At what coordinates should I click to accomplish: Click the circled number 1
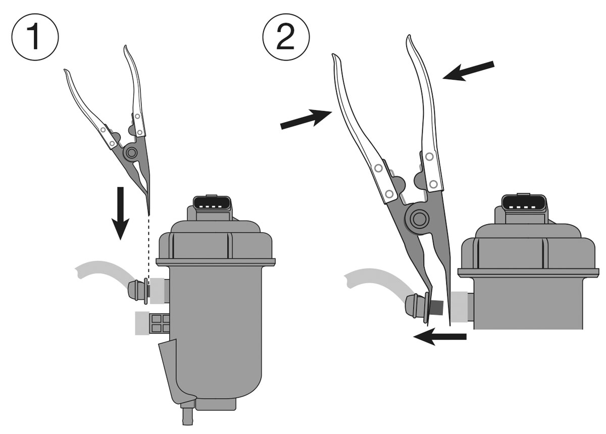(x=35, y=37)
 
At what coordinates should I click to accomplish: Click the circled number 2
(x=286, y=37)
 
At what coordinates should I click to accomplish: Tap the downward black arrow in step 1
(x=120, y=213)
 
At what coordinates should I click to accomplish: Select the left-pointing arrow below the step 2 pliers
(x=440, y=337)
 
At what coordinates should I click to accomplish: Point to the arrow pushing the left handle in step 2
(x=306, y=119)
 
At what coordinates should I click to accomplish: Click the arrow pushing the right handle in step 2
(x=469, y=71)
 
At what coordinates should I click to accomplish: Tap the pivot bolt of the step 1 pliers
(x=131, y=153)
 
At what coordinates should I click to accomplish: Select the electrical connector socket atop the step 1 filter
(x=212, y=205)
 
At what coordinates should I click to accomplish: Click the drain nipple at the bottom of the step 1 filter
(x=187, y=417)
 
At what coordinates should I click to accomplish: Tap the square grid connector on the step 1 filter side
(x=161, y=323)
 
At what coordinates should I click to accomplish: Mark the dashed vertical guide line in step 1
(x=149, y=249)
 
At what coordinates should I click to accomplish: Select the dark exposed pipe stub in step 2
(x=436, y=308)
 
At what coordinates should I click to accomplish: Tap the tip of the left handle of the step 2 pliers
(x=334, y=55)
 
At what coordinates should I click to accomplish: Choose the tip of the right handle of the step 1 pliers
(x=125, y=46)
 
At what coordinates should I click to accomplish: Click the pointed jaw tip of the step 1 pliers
(x=148, y=214)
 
